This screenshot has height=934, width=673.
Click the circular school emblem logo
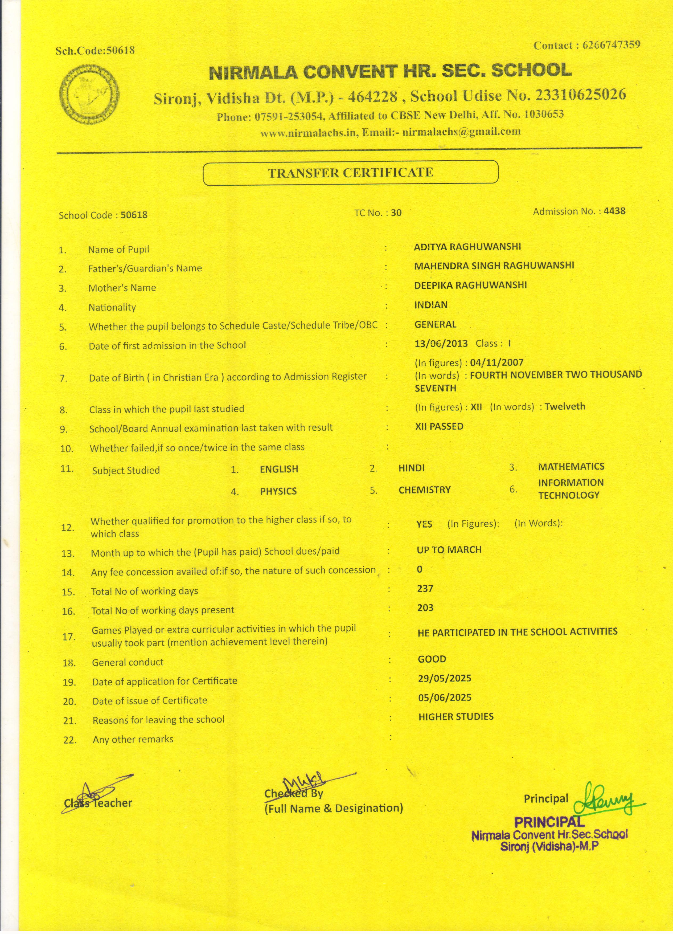(89, 94)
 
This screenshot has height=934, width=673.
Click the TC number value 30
(396, 213)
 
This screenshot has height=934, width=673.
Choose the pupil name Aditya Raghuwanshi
(467, 247)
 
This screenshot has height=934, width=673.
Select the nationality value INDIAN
(430, 305)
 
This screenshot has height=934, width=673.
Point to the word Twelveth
(565, 406)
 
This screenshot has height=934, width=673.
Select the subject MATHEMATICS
(571, 467)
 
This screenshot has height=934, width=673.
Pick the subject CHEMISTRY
(424, 490)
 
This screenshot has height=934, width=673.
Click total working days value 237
(425, 589)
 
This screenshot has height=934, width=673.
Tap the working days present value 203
(425, 608)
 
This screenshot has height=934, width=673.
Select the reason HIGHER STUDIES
(456, 717)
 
